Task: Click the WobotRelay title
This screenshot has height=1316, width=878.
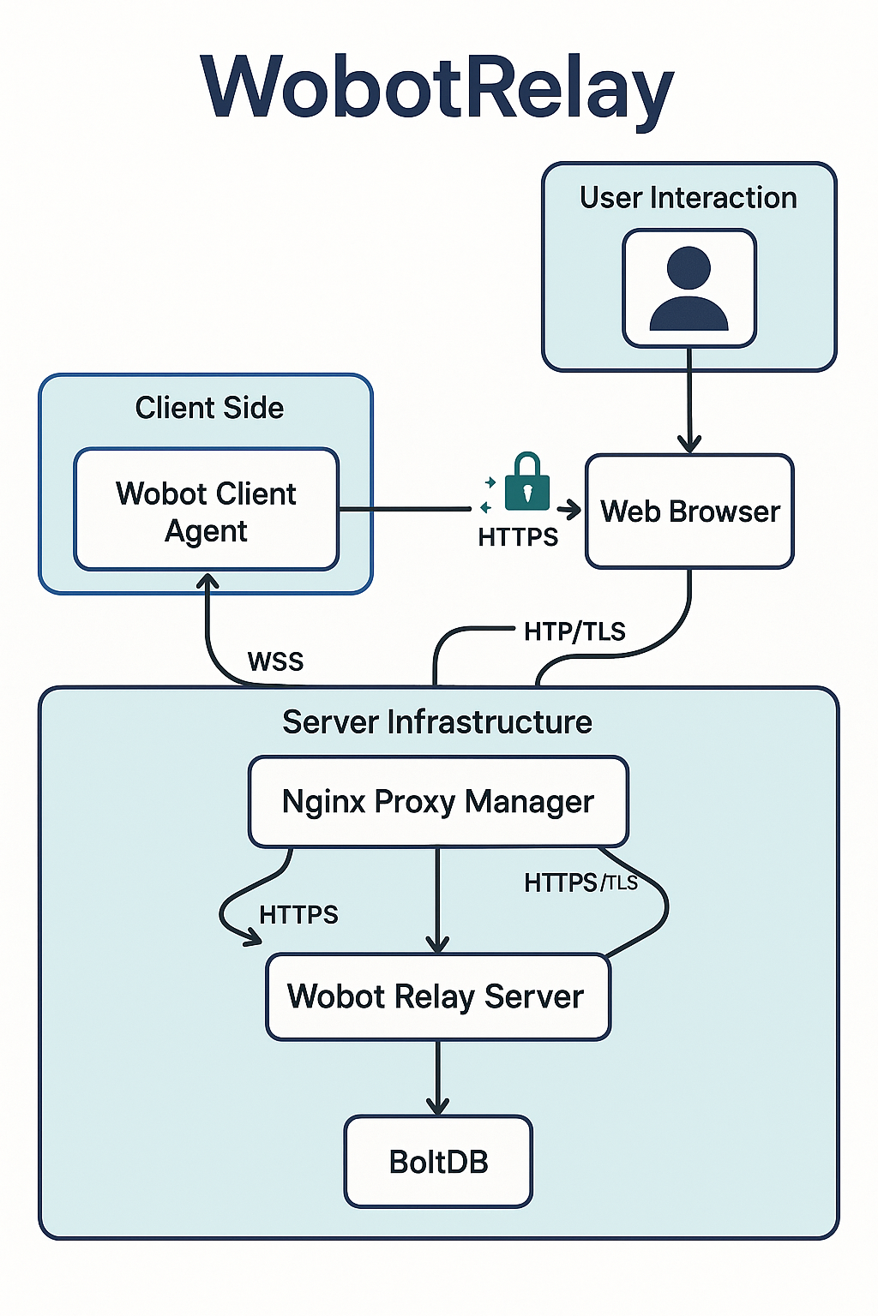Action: click(437, 88)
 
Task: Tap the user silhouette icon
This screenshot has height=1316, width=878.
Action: click(689, 289)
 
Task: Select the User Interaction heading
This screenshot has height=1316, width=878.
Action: click(689, 198)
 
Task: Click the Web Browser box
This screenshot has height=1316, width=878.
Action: click(689, 511)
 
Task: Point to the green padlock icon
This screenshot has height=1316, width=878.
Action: click(526, 482)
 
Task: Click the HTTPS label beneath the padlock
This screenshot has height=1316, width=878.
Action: click(518, 537)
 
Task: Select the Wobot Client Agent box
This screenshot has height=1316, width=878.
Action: click(207, 511)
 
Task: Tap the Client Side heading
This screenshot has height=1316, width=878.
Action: click(209, 408)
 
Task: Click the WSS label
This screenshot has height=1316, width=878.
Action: click(275, 661)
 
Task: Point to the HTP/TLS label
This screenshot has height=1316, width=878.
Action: click(574, 631)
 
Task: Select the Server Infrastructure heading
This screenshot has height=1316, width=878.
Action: click(437, 722)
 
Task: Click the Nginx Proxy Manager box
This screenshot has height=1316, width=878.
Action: click(438, 802)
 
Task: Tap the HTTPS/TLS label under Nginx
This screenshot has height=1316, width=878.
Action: click(580, 882)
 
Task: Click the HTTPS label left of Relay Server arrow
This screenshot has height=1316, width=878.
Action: click(298, 915)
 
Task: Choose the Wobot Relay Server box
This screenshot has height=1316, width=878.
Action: click(437, 997)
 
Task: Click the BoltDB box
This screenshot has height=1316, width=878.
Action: click(438, 1162)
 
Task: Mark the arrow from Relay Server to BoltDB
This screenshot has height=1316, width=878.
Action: click(438, 1078)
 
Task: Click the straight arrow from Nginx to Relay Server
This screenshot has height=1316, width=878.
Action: click(438, 900)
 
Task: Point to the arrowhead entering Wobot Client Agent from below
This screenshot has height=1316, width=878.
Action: click(207, 583)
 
